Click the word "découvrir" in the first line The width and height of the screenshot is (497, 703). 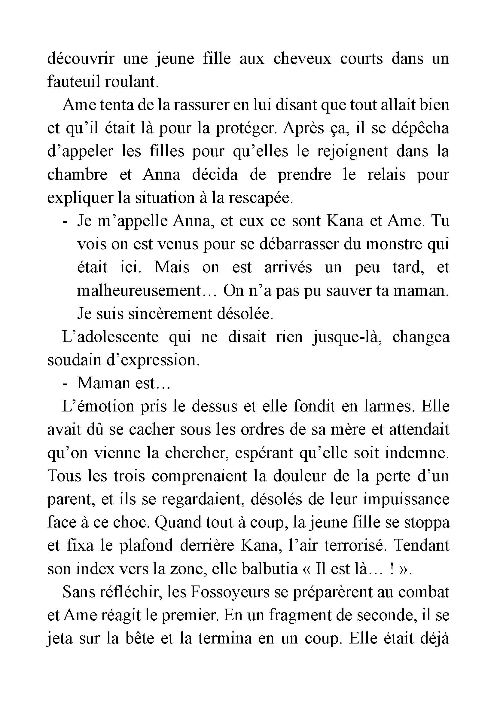[x=81, y=59]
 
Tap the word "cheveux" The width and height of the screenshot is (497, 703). [x=302, y=59]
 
